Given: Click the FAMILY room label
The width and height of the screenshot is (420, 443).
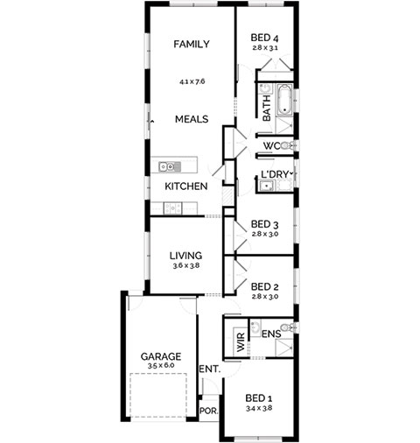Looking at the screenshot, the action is [x=192, y=44].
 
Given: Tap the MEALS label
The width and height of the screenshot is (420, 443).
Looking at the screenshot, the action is [x=192, y=119].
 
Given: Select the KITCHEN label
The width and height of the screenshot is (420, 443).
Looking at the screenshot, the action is [x=186, y=186].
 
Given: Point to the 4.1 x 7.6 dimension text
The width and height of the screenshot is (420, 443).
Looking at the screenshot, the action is [x=192, y=81].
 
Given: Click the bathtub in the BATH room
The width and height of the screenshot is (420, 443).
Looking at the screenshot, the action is [x=284, y=100].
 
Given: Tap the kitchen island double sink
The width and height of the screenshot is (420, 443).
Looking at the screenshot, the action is [x=170, y=167].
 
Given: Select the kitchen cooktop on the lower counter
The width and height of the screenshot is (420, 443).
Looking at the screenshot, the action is [x=172, y=208].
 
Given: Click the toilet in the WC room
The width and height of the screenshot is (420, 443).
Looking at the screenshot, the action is [x=288, y=145].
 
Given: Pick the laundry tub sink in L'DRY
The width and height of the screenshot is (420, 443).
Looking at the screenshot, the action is [x=268, y=186].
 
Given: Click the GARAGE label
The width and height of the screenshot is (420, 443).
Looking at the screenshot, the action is [x=161, y=356].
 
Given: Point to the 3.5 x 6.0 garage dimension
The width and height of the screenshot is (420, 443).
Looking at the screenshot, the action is [x=161, y=366].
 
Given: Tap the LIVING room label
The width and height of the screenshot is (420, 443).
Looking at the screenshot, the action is [x=185, y=256].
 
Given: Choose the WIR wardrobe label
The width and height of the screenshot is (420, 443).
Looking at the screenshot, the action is [x=241, y=342].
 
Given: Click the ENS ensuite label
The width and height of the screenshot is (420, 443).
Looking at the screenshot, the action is [x=271, y=334].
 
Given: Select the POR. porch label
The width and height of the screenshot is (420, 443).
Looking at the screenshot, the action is [x=209, y=411].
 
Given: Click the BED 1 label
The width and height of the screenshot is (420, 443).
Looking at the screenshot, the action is [x=259, y=398].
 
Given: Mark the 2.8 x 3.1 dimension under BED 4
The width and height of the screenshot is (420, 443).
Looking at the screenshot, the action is [x=265, y=48].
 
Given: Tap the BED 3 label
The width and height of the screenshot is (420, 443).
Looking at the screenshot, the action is [x=264, y=224].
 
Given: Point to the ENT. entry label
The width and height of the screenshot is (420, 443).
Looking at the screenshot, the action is [x=210, y=369].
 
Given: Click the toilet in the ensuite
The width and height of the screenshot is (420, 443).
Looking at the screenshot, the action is [x=288, y=327].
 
